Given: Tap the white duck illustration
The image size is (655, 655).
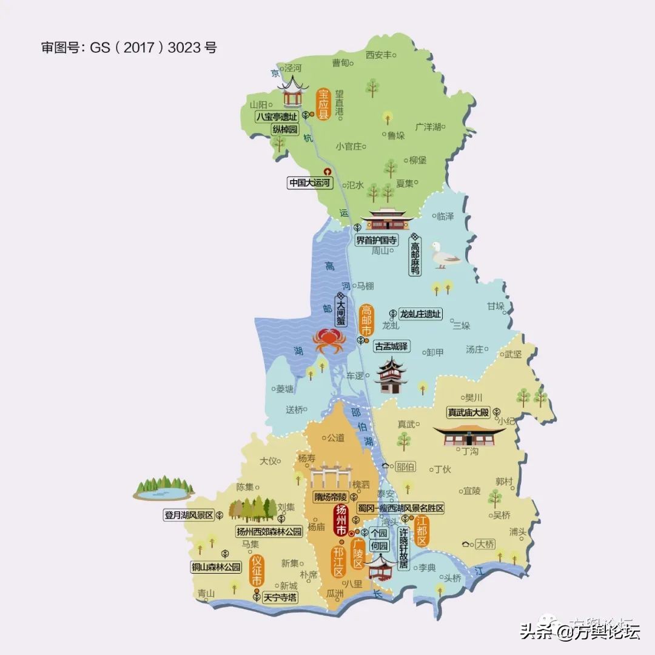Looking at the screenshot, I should tap(444, 255).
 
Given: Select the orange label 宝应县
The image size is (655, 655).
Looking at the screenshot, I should tap(323, 104).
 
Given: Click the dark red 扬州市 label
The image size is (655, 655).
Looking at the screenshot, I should tap(341, 520).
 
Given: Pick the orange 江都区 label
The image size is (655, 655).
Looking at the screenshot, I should tap(422, 531).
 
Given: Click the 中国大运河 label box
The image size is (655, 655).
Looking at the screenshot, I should tap(311, 183).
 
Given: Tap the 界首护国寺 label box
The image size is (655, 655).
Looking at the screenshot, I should tap(377, 240).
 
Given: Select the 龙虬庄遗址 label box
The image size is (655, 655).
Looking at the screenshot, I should tap(420, 314).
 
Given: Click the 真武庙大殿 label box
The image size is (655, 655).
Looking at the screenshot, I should tap(468, 412).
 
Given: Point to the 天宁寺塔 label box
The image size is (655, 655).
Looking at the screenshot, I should tap(280, 597).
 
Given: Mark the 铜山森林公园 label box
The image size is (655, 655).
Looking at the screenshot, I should tap(216, 568).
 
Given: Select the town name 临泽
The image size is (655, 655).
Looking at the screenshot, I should tap(445, 217).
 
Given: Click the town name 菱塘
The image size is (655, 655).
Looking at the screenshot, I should tap(284, 389).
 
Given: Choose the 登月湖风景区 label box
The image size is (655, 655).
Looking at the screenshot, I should tap(188, 515).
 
